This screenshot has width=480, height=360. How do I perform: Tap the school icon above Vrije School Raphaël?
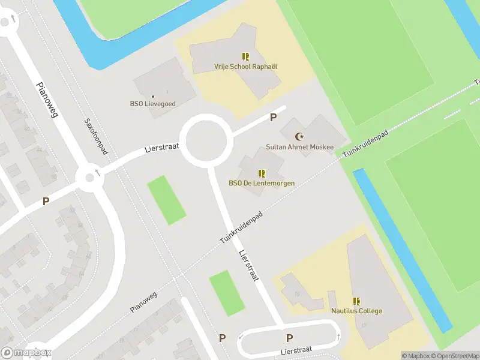[245, 56]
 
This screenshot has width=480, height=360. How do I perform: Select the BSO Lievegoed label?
[153, 104]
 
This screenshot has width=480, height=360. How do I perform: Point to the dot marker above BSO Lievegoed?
[153, 96]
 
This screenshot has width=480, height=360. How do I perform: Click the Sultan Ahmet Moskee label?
[299, 148]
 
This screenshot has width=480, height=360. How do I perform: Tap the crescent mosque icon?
[299, 137]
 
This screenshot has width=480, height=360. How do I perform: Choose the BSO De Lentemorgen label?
[262, 183]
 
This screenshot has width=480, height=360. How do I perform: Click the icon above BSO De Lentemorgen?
[262, 173]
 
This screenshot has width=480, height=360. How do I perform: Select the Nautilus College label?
[356, 311]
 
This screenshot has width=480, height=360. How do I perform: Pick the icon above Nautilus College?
[356, 301]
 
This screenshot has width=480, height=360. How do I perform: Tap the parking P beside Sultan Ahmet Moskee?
[274, 118]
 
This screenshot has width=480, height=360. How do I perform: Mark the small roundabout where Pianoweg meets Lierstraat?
[89, 176]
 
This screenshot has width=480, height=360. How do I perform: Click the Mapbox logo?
[26, 353]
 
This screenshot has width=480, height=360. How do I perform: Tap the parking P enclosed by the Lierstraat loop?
[290, 338]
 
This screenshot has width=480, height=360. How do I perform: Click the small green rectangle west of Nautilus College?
[227, 293]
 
